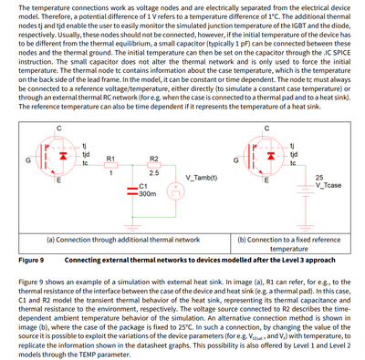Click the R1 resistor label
pos(110,159)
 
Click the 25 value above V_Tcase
pos(319,177)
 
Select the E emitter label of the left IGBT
pos(58,180)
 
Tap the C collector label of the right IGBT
pos(266,128)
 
